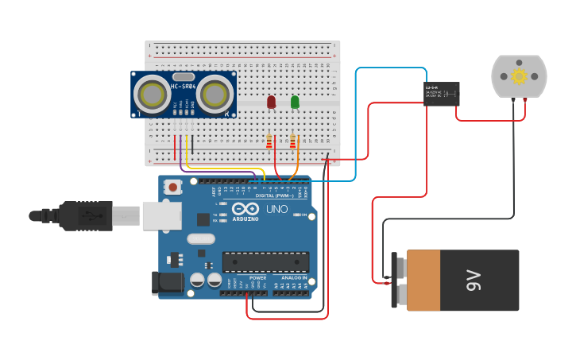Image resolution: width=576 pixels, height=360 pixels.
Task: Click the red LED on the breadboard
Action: pos(271,102)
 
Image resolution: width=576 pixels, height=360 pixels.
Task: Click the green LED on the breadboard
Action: pos(295,102)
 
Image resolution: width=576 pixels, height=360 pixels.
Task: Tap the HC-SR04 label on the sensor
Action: pos(183,86)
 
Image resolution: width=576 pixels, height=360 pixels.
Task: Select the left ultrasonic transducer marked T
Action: pos(150,94)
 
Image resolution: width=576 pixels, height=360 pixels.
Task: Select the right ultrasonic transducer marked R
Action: pos(215,94)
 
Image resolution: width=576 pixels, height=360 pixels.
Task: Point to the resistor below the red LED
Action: pos(269,142)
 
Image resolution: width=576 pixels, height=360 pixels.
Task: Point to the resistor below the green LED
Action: pos(293,142)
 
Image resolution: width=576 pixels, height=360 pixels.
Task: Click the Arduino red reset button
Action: pos(172,188)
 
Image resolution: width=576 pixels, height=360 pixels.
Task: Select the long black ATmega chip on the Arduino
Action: pos(265,261)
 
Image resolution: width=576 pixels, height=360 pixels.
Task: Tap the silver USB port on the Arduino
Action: pos(162,215)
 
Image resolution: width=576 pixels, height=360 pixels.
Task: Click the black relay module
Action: pos(441,94)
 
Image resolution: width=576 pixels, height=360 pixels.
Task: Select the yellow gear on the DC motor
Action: pos(519,76)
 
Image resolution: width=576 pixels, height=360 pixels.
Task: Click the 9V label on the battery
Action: pos(474,281)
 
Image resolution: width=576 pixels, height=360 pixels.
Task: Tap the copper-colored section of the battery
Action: pos(423,281)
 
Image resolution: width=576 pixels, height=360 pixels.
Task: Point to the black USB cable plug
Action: pos(79,215)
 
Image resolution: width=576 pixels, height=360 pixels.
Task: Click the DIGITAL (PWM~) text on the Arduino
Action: pos(273,195)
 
